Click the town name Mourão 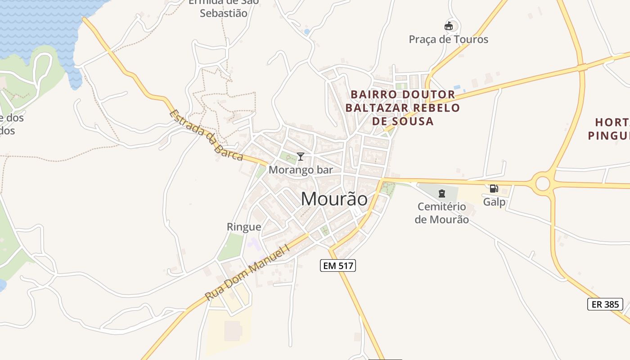(x=334, y=199)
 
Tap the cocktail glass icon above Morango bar (x=301, y=157)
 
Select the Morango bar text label (x=301, y=170)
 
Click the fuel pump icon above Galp (x=494, y=189)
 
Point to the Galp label (x=494, y=202)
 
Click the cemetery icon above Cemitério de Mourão (x=441, y=193)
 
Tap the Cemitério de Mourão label (x=441, y=213)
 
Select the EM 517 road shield (x=338, y=265)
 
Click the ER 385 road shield (x=605, y=304)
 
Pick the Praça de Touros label (x=448, y=39)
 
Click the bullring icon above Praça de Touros (x=448, y=26)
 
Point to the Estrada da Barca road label (x=207, y=135)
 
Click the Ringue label (x=244, y=227)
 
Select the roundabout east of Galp (x=543, y=183)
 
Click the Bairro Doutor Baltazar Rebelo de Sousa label (x=403, y=108)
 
